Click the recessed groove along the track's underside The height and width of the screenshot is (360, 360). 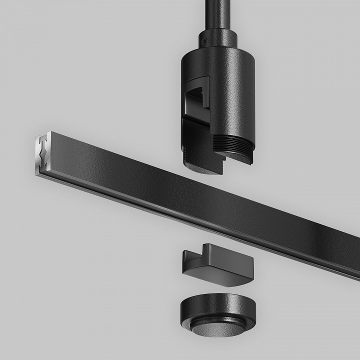click(175, 220)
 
